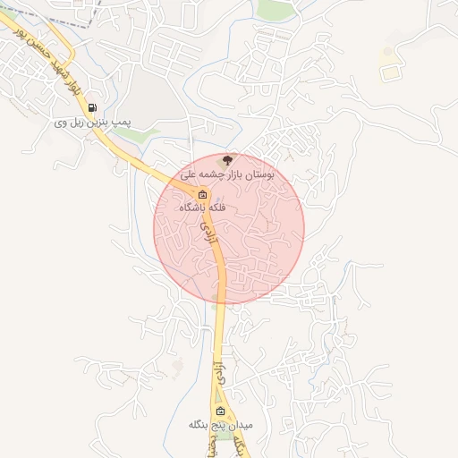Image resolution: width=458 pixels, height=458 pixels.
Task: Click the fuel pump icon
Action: (x=93, y=108)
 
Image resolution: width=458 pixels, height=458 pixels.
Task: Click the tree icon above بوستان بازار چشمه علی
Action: (x=228, y=159)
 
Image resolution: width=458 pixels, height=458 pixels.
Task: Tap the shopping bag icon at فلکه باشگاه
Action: (x=202, y=194)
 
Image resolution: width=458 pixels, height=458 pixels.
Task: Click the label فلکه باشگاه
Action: (x=203, y=207)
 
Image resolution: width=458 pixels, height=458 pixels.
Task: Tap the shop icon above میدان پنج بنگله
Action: (x=220, y=411)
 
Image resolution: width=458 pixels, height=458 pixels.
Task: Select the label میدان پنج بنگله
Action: (x=220, y=424)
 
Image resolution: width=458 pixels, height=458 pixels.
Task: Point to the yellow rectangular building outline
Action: (x=389, y=73)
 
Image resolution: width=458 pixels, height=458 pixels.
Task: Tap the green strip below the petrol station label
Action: (x=134, y=134)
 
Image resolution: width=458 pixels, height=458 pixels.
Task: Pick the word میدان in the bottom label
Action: (x=240, y=424)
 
